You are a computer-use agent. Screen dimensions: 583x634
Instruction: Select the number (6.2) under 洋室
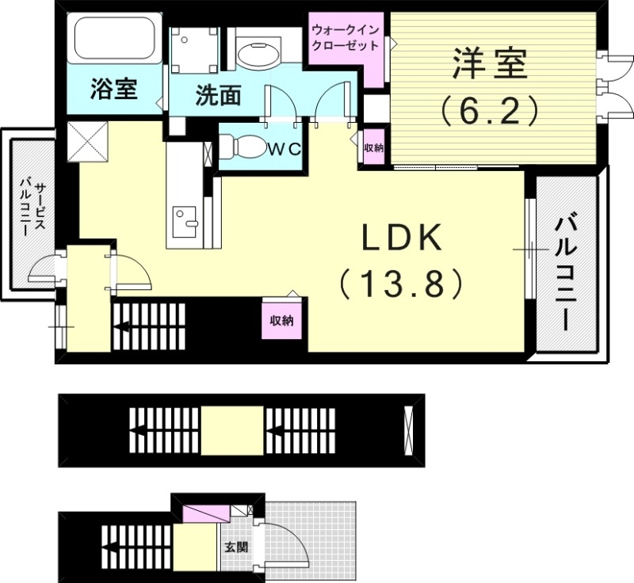pos(490,110)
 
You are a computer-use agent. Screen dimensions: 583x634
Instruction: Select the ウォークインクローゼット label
pos(344,37)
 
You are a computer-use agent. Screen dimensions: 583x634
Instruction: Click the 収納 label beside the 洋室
pos(373,147)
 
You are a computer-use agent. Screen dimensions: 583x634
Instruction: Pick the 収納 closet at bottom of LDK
pos(281,321)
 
